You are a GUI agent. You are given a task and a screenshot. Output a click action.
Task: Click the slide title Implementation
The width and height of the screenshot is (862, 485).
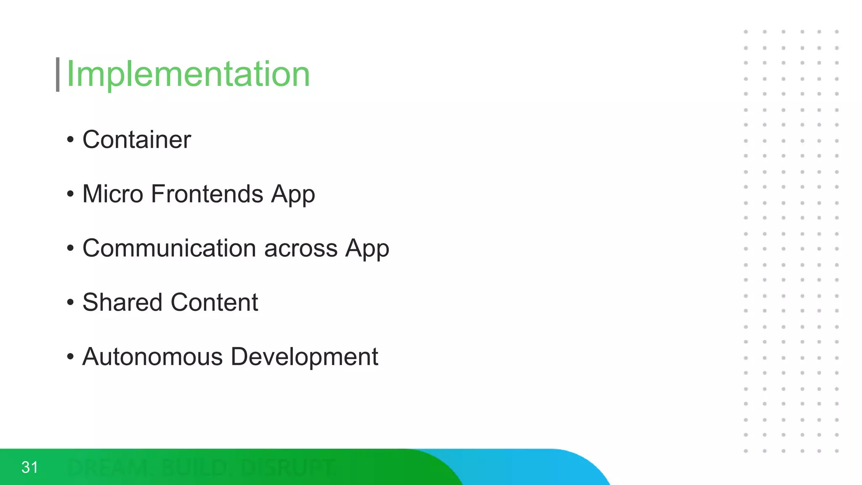[188, 74]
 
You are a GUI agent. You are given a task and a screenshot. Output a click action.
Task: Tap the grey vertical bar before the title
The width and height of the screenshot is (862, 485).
[58, 75]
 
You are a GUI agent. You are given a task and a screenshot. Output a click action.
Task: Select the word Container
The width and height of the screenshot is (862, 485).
[136, 140]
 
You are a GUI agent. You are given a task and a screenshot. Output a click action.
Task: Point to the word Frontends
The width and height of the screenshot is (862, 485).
[207, 194]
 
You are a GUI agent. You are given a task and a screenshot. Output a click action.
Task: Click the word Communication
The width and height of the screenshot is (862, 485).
[169, 248]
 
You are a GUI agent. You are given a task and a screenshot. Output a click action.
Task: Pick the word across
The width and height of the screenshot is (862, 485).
[301, 248]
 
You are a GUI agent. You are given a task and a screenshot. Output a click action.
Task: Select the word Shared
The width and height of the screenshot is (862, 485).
[122, 302]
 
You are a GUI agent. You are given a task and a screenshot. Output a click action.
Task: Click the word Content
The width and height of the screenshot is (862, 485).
[214, 302]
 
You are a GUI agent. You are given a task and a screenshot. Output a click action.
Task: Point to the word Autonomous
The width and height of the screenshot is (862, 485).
[152, 357]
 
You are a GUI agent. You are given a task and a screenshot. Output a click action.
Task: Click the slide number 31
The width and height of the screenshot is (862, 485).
[29, 467]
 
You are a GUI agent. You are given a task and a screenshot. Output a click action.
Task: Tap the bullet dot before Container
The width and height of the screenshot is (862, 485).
[70, 140]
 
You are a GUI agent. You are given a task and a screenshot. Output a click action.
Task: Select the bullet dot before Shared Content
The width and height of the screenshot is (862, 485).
[70, 302]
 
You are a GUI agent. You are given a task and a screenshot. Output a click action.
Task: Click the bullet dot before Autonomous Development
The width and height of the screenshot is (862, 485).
[70, 357]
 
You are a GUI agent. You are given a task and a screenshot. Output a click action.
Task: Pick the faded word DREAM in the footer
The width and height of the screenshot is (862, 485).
[109, 468]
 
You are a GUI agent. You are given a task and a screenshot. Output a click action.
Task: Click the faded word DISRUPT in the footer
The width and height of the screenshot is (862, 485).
[288, 468]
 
